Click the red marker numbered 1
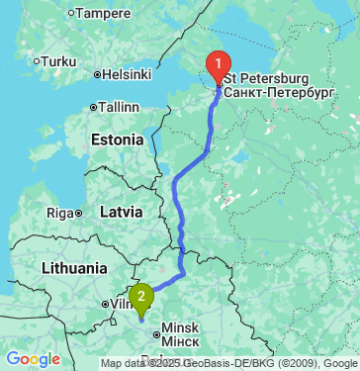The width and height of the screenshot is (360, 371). pos(218,66)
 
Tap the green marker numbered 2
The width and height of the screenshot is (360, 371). pos(142,295)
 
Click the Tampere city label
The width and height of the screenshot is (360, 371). pos(103,14)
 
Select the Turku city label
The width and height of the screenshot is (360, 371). pos(58,61)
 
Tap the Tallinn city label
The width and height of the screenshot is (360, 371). pos(119,107)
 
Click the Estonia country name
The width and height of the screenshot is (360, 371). pos(118,140)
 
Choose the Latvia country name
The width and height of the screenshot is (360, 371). pos(122,212)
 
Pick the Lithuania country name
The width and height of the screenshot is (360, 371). pos(75,268)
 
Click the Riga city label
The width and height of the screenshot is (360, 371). pos(60,213)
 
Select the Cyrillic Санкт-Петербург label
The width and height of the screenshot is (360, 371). pos(280,91)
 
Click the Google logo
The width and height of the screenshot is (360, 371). pos(33,359)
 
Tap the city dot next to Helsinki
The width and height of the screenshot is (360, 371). pos(97,74)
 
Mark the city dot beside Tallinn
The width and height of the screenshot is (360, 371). pos(92,107)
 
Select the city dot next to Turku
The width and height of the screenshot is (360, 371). pos(37,61)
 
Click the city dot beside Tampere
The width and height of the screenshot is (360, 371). pos(70,14)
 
